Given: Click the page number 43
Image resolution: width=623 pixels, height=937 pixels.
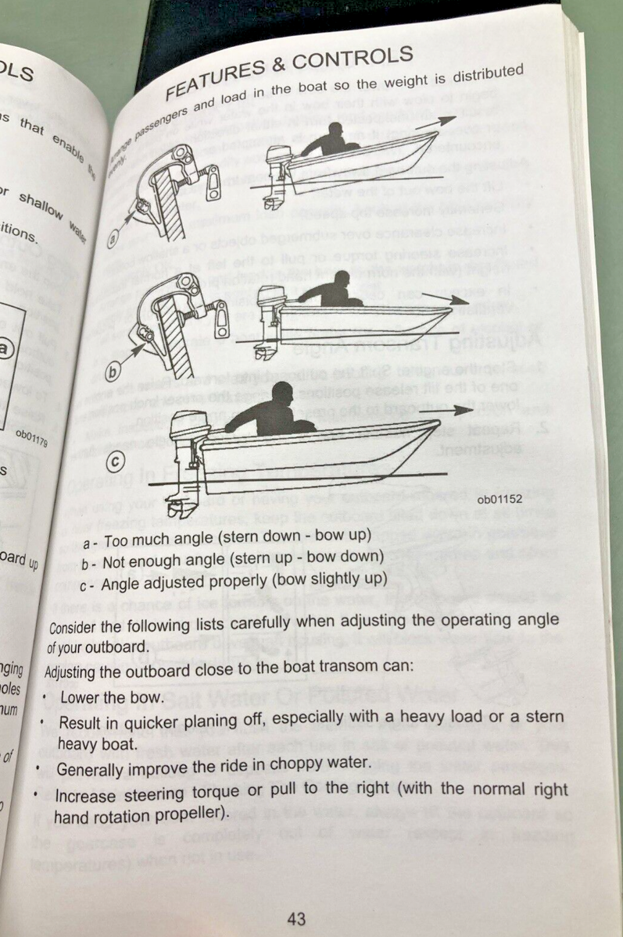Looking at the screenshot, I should tap(296, 919).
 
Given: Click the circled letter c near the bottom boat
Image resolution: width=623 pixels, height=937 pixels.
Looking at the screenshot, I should tap(114, 462).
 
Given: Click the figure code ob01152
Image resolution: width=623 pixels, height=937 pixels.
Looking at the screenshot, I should tap(499, 498).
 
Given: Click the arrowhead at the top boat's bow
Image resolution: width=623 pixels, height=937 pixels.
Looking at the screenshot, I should tap(446, 119).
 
